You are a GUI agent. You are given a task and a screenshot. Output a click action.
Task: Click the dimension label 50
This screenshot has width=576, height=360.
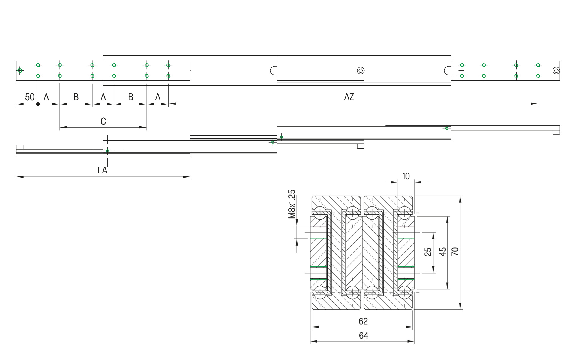pos(29,97)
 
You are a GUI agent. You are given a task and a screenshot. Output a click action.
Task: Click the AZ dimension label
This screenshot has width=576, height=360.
pos(349,97)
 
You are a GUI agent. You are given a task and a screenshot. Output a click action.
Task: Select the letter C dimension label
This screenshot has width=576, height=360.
pos(103,121)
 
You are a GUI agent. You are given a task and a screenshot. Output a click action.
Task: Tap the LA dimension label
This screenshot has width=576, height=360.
pos(103,170)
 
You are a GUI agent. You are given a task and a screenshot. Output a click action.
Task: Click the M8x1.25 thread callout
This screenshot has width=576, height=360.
pos(292,204)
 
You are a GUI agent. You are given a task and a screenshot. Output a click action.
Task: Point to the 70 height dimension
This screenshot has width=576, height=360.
pos(455,251)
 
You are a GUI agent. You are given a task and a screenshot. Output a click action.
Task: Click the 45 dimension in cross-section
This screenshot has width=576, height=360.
pos(443,251)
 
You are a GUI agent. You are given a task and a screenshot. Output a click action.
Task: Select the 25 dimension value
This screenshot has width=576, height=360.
pos(428,251)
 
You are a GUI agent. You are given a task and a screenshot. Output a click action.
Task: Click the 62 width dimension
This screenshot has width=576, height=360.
pos(363,321)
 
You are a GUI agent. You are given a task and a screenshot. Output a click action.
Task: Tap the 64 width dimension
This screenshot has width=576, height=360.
pos(363,335)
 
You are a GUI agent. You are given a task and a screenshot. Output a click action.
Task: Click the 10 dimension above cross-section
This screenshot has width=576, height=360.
pos(406,176)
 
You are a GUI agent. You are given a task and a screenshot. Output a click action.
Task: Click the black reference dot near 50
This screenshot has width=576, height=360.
pos(38,104)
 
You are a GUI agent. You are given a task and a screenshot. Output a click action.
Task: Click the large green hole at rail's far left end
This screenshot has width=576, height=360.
pos(20,70)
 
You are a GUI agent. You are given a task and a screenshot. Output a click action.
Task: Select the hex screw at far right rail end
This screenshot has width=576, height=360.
pos(556,71)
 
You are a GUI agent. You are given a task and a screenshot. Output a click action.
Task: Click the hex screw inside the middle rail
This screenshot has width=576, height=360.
pos(361,71)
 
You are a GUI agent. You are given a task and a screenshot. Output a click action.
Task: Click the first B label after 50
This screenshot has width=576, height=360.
pos(76,97)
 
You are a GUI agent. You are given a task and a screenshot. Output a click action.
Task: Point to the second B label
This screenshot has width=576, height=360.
pos(130,97)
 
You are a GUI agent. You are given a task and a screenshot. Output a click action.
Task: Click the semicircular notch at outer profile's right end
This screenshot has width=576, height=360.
pos(447,70)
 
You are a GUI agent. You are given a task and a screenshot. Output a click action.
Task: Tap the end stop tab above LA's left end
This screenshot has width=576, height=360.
pos(20,147)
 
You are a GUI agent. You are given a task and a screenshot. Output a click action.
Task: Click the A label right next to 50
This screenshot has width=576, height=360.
pos(46,97)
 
